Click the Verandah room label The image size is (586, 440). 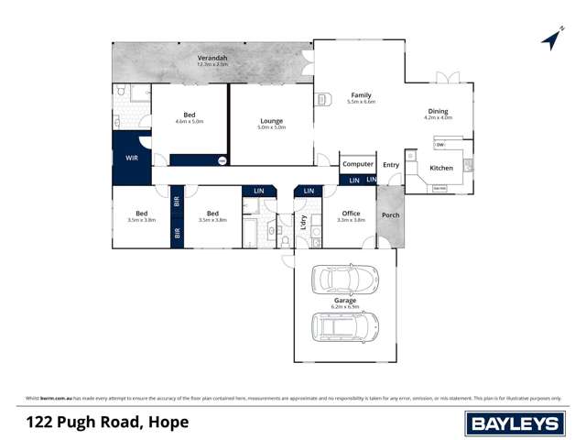pyautogui.click(x=212, y=59)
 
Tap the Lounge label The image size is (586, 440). pyautogui.click(x=271, y=121)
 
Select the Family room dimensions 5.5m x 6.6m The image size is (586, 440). pyautogui.click(x=362, y=102)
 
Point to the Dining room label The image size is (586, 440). pyautogui.click(x=438, y=111)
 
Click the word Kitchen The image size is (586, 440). pyautogui.click(x=441, y=168)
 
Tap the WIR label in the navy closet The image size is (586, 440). pyautogui.click(x=132, y=158)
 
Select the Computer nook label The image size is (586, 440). pyautogui.click(x=358, y=164)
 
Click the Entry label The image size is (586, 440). pyautogui.click(x=391, y=165)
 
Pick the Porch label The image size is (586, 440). pyautogui.click(x=390, y=215)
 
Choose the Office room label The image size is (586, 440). pyautogui.click(x=351, y=213)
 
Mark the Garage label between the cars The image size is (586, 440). pyautogui.click(x=345, y=300)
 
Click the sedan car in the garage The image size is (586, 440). pyautogui.click(x=344, y=279)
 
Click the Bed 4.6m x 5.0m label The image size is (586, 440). pyautogui.click(x=189, y=116)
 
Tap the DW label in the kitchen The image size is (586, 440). pyautogui.click(x=440, y=145)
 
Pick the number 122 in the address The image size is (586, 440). pyautogui.click(x=42, y=422)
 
